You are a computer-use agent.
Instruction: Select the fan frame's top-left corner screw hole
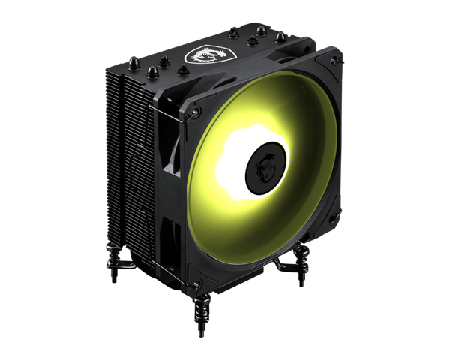pos(196,112)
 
